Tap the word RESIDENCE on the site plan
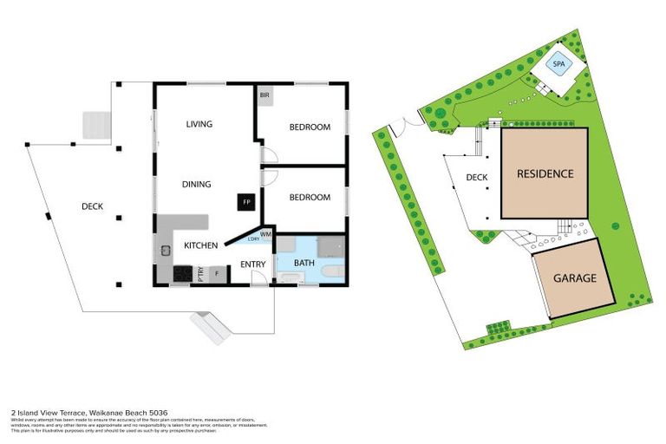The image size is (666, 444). [x=545, y=173]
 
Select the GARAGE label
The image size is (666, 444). [x=575, y=278]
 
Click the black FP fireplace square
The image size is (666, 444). [x=246, y=202]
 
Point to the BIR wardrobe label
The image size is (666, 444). [x=264, y=95]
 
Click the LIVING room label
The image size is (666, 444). [x=199, y=124]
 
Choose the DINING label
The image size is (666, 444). [x=197, y=184]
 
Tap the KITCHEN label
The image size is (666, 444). [x=199, y=245]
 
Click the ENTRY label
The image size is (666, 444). [x=252, y=264]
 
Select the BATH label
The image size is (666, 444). [x=304, y=262]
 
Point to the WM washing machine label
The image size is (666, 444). [x=266, y=233]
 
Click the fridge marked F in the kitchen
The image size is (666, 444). [x=216, y=275]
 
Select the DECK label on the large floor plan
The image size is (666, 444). [x=93, y=206]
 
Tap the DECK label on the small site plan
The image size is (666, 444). [x=477, y=178]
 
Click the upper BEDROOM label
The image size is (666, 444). [x=310, y=127]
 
